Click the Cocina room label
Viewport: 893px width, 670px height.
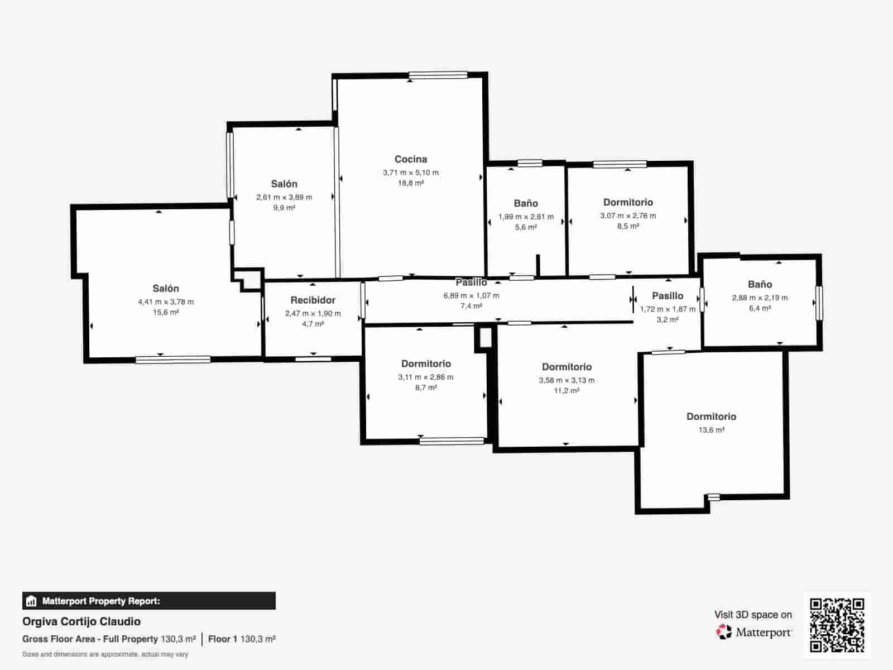coord(411,160)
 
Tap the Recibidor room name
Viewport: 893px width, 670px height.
coord(313,300)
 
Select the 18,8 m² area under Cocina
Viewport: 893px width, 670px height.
coord(411,183)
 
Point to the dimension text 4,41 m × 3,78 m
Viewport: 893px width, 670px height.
coord(166,302)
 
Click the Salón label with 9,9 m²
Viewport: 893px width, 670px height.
coord(284,184)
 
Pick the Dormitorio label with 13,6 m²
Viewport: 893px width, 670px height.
coord(711,417)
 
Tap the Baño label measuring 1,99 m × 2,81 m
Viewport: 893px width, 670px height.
coord(526,204)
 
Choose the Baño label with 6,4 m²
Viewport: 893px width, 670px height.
coord(760,285)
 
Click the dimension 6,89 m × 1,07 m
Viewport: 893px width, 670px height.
coord(471,296)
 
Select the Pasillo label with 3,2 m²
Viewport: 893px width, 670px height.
coord(668,296)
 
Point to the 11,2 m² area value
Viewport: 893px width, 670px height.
coord(566,391)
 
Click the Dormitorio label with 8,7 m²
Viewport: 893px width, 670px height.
coord(426,364)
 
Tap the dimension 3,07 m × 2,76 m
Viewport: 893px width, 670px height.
coord(628,216)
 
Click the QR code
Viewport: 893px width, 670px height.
coord(837,625)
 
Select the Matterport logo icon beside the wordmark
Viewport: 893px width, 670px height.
coord(724,632)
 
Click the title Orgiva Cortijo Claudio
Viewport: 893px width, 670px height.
coord(81,621)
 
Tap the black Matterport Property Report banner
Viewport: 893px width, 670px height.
coord(148,601)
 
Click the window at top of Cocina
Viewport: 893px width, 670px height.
coord(438,75)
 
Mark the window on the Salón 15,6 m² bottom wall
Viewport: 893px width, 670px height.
coord(173,360)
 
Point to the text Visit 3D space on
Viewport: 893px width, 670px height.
coord(753,615)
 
